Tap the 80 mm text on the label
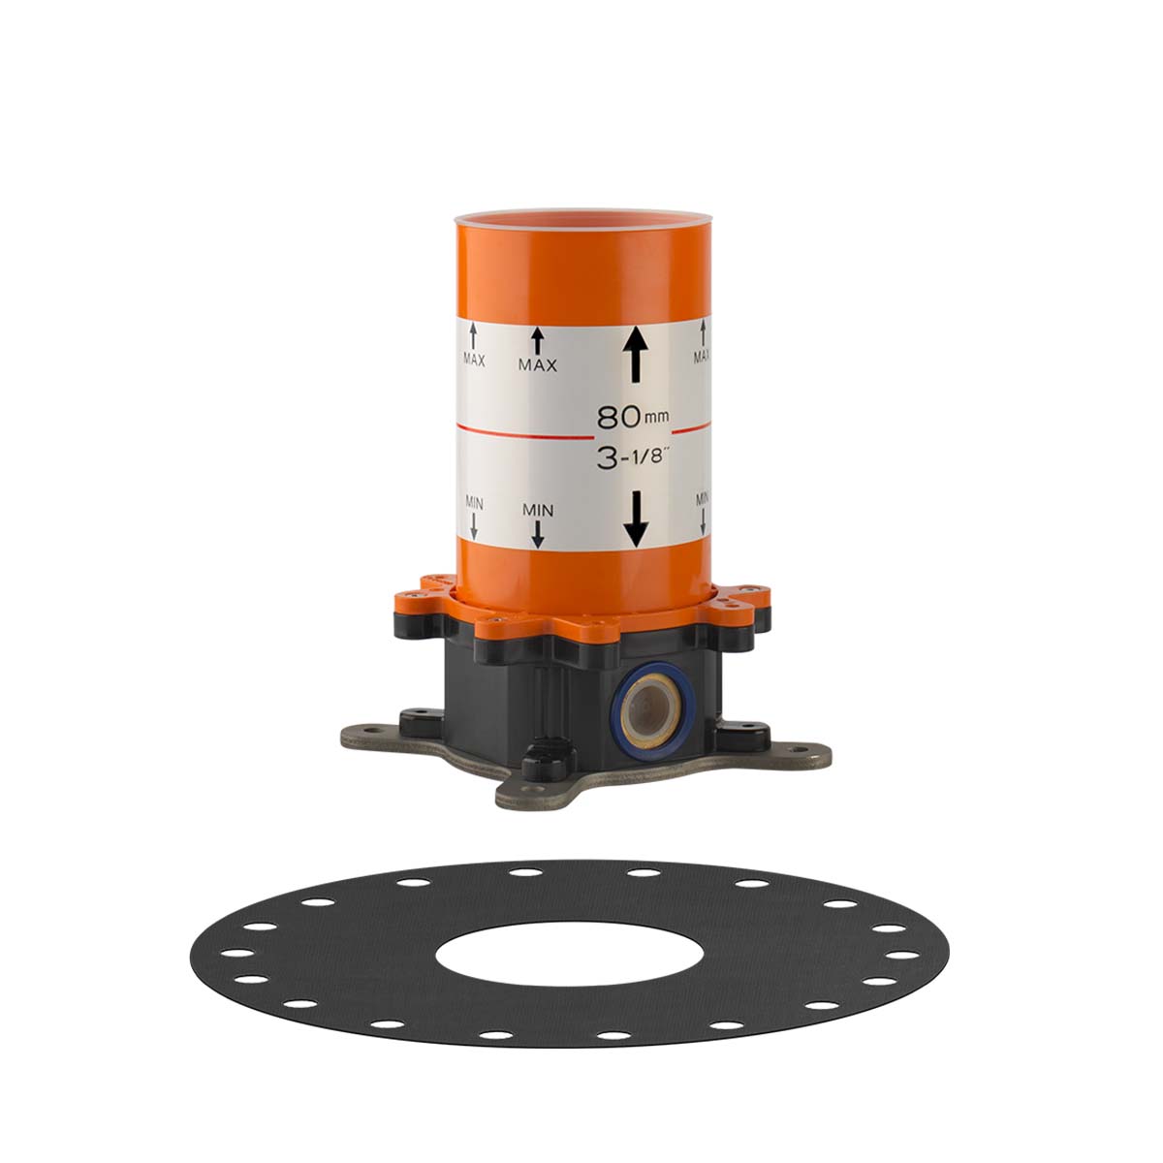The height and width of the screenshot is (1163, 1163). pyautogui.click(x=633, y=417)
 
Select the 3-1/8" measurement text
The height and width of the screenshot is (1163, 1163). pyautogui.click(x=633, y=458)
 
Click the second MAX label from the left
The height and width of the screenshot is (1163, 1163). pyautogui.click(x=537, y=365)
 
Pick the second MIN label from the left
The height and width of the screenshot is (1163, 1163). pyautogui.click(x=538, y=510)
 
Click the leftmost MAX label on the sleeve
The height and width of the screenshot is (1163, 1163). pyautogui.click(x=474, y=361)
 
